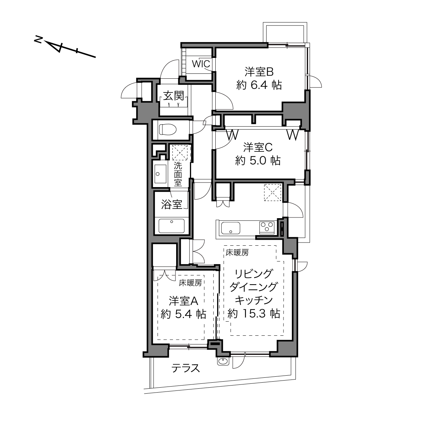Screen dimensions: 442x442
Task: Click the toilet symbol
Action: pos(168,130)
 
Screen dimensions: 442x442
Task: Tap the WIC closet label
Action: pos(201,64)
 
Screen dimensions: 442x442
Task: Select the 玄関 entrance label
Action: pos(174,96)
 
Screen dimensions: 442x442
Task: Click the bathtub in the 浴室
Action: pos(171,226)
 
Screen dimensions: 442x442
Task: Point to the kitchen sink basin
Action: pos(231,228)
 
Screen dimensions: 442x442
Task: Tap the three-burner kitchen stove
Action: pos(267,228)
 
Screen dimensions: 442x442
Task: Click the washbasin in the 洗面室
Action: pos(160,174)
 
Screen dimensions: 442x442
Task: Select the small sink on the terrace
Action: pos(223,362)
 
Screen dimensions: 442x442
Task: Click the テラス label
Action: pos(186,368)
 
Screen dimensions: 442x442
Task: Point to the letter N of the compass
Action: pos(38,39)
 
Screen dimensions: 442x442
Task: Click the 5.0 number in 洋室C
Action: pos(258,161)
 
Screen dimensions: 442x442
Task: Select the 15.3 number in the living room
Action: pos(254,313)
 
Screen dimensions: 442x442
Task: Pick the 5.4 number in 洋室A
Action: pos(183,314)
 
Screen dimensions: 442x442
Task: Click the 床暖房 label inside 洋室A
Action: pos(190,283)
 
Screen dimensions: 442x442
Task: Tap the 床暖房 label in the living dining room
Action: pos(237,253)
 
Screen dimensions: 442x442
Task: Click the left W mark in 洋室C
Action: pos(232,135)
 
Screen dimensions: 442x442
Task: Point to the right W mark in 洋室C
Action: pos(293,135)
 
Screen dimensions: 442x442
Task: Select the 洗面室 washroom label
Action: pos(178,174)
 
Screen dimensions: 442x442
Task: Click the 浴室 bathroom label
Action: pos(172,204)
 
